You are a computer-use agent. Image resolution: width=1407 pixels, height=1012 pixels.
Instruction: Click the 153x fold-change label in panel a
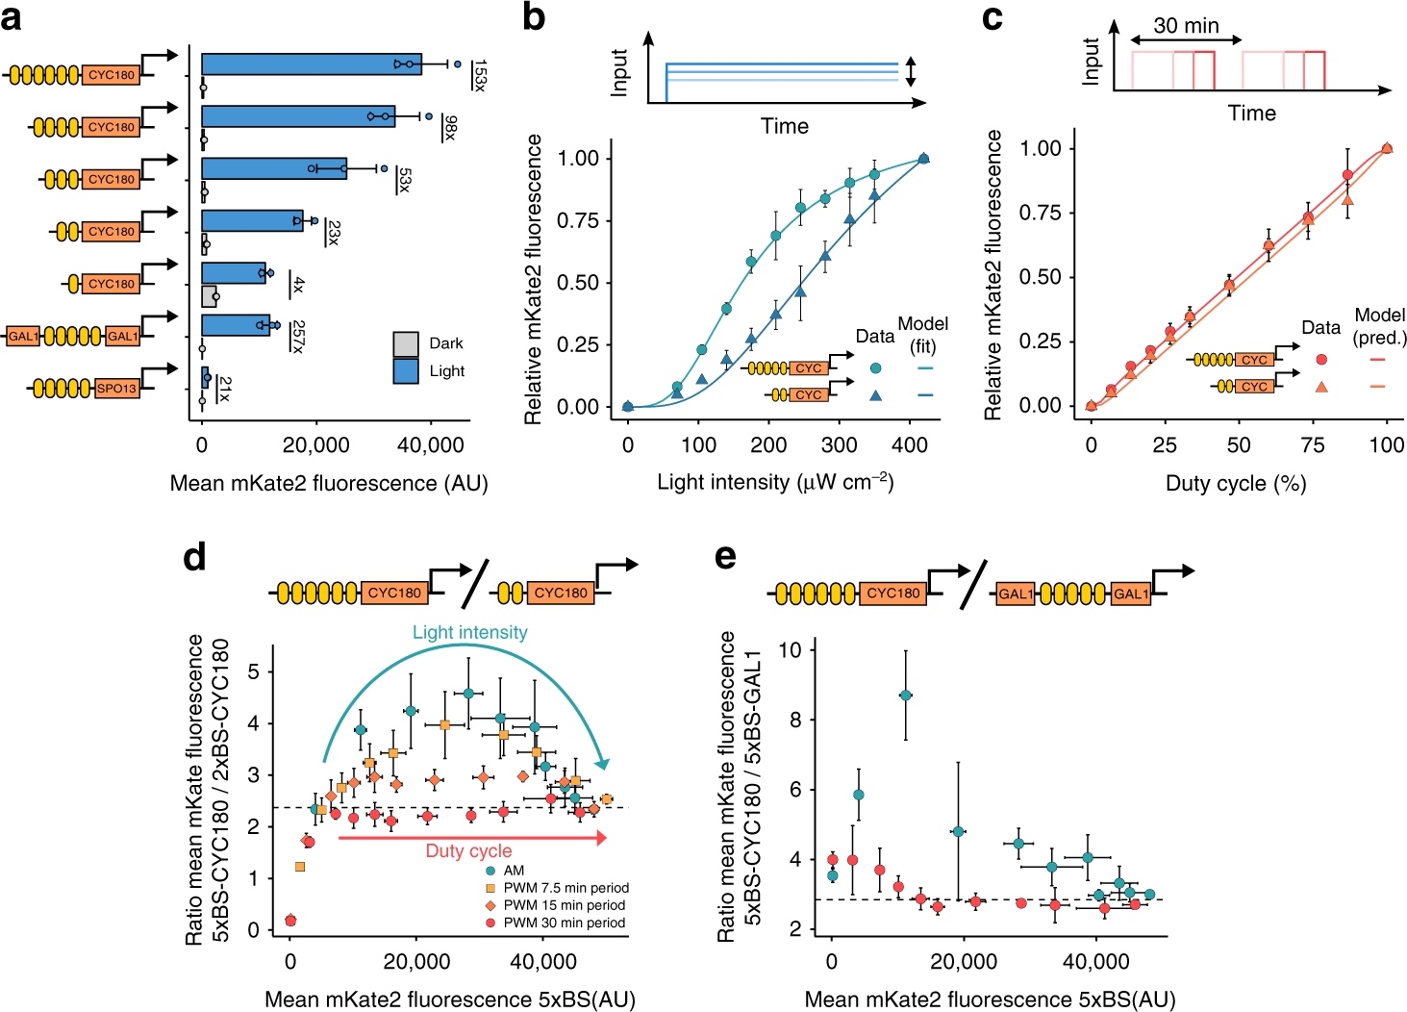pyautogui.click(x=479, y=75)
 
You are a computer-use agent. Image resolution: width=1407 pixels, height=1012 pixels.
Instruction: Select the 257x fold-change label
pyautogui.click(x=298, y=336)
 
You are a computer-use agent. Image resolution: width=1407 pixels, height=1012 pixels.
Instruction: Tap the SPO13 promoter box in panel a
pyautogui.click(x=116, y=388)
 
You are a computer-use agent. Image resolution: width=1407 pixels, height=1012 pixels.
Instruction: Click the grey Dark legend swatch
pyautogui.click(x=406, y=343)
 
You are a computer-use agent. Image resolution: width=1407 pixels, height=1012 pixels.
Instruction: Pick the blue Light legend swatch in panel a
pyautogui.click(x=406, y=371)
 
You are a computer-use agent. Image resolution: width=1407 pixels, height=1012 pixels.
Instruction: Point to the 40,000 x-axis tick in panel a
pyautogui.click(x=430, y=445)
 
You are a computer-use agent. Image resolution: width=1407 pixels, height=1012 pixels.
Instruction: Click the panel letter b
pyautogui.click(x=534, y=17)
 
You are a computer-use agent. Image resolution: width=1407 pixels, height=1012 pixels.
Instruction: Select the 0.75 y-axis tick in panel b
pyautogui.click(x=578, y=220)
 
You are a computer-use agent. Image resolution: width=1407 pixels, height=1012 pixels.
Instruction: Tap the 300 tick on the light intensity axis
pyautogui.click(x=839, y=445)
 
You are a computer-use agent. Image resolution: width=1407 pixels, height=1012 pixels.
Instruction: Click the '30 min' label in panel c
pyautogui.click(x=1186, y=26)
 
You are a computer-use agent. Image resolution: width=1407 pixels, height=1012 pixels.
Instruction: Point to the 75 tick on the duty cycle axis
pyautogui.click(x=1313, y=445)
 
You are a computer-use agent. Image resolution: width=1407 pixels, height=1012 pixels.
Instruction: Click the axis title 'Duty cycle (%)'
pyautogui.click(x=1236, y=483)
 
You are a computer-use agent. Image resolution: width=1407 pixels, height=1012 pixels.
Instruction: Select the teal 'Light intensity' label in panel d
pyautogui.click(x=469, y=632)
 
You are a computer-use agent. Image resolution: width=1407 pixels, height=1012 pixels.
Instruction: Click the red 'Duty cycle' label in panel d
pyautogui.click(x=468, y=851)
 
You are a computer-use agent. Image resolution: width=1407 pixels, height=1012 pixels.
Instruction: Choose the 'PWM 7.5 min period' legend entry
pyautogui.click(x=565, y=888)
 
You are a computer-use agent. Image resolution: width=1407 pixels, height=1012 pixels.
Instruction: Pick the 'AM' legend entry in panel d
pyautogui.click(x=514, y=871)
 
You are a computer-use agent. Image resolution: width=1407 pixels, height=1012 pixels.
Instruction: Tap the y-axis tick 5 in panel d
pyautogui.click(x=254, y=671)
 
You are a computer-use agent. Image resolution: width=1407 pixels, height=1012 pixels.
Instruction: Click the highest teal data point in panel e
pyautogui.click(x=905, y=695)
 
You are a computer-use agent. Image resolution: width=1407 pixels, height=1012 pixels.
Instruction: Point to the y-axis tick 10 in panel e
pyautogui.click(x=790, y=650)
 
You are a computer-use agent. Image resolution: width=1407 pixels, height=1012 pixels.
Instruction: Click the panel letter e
pyautogui.click(x=726, y=558)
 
